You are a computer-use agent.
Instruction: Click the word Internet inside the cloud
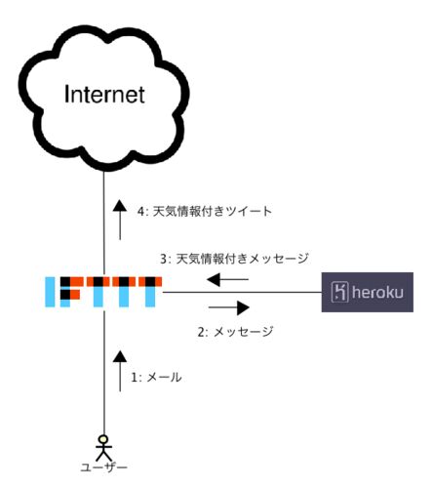[104, 95]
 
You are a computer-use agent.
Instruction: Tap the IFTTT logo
[103, 292]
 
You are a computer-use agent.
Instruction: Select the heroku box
[368, 292]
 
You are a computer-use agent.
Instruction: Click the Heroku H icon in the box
[339, 292]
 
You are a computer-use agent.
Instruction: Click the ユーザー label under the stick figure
[103, 468]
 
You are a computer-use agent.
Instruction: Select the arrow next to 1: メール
[120, 371]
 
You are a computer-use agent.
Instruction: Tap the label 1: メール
[156, 378]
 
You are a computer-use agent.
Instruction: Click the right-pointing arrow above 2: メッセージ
[229, 307]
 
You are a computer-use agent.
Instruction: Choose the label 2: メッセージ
[236, 332]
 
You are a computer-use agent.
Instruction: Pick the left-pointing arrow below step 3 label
[227, 279]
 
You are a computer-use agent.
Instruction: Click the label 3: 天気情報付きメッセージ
[234, 259]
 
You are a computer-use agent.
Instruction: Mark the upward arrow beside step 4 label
[120, 220]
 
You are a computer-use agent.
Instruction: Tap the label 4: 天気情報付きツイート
[205, 212]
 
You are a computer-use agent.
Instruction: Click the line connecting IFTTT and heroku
[242, 292]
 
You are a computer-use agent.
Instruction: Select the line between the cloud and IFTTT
[104, 224]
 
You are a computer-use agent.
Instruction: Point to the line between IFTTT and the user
[104, 373]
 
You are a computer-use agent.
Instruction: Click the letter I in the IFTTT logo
[50, 292]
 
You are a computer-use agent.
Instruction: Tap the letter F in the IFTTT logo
[70, 292]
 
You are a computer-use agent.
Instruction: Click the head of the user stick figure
[103, 439]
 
